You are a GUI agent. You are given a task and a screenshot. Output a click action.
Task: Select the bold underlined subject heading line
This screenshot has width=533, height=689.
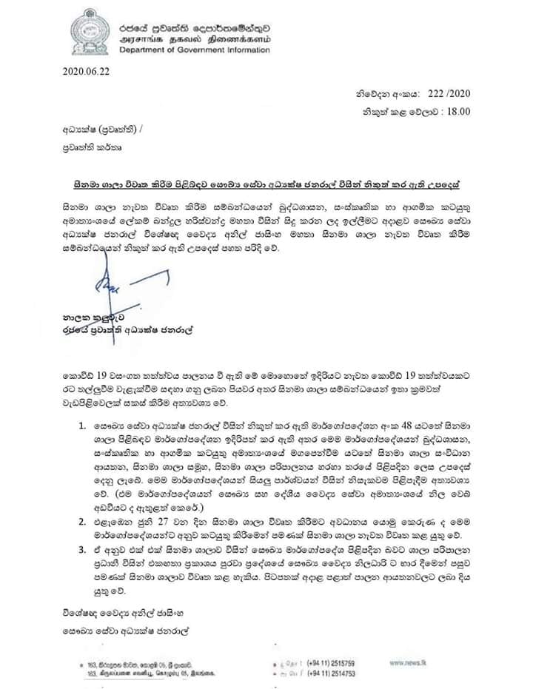click(271, 180)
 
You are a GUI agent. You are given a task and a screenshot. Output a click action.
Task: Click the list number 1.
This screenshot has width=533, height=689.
click(81, 428)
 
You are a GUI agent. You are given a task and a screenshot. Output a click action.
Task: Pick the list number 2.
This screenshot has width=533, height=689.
click(81, 522)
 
